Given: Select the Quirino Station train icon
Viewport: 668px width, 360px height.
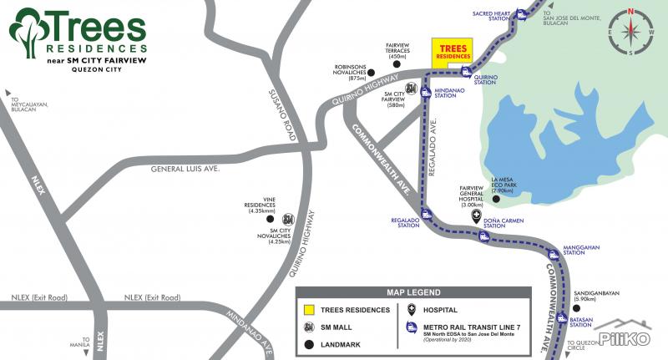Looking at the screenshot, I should click(x=466, y=71).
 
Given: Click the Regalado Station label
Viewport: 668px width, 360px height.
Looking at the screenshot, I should click(x=405, y=223).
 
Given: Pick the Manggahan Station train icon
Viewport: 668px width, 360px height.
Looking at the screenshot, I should click(x=553, y=256).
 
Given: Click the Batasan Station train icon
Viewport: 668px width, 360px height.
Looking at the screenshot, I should click(x=562, y=317).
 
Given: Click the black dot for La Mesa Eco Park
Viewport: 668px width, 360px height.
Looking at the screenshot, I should click(x=495, y=199).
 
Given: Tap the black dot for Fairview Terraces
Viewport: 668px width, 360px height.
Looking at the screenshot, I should click(x=397, y=64).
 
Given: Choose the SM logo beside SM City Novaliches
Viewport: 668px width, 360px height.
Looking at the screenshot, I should click(x=288, y=220).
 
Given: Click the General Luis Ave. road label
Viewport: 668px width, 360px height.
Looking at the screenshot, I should click(x=185, y=169).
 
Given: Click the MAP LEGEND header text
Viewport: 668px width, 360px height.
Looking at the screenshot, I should click(x=412, y=292).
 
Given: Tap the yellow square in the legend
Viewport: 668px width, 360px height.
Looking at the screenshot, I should click(x=308, y=310).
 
